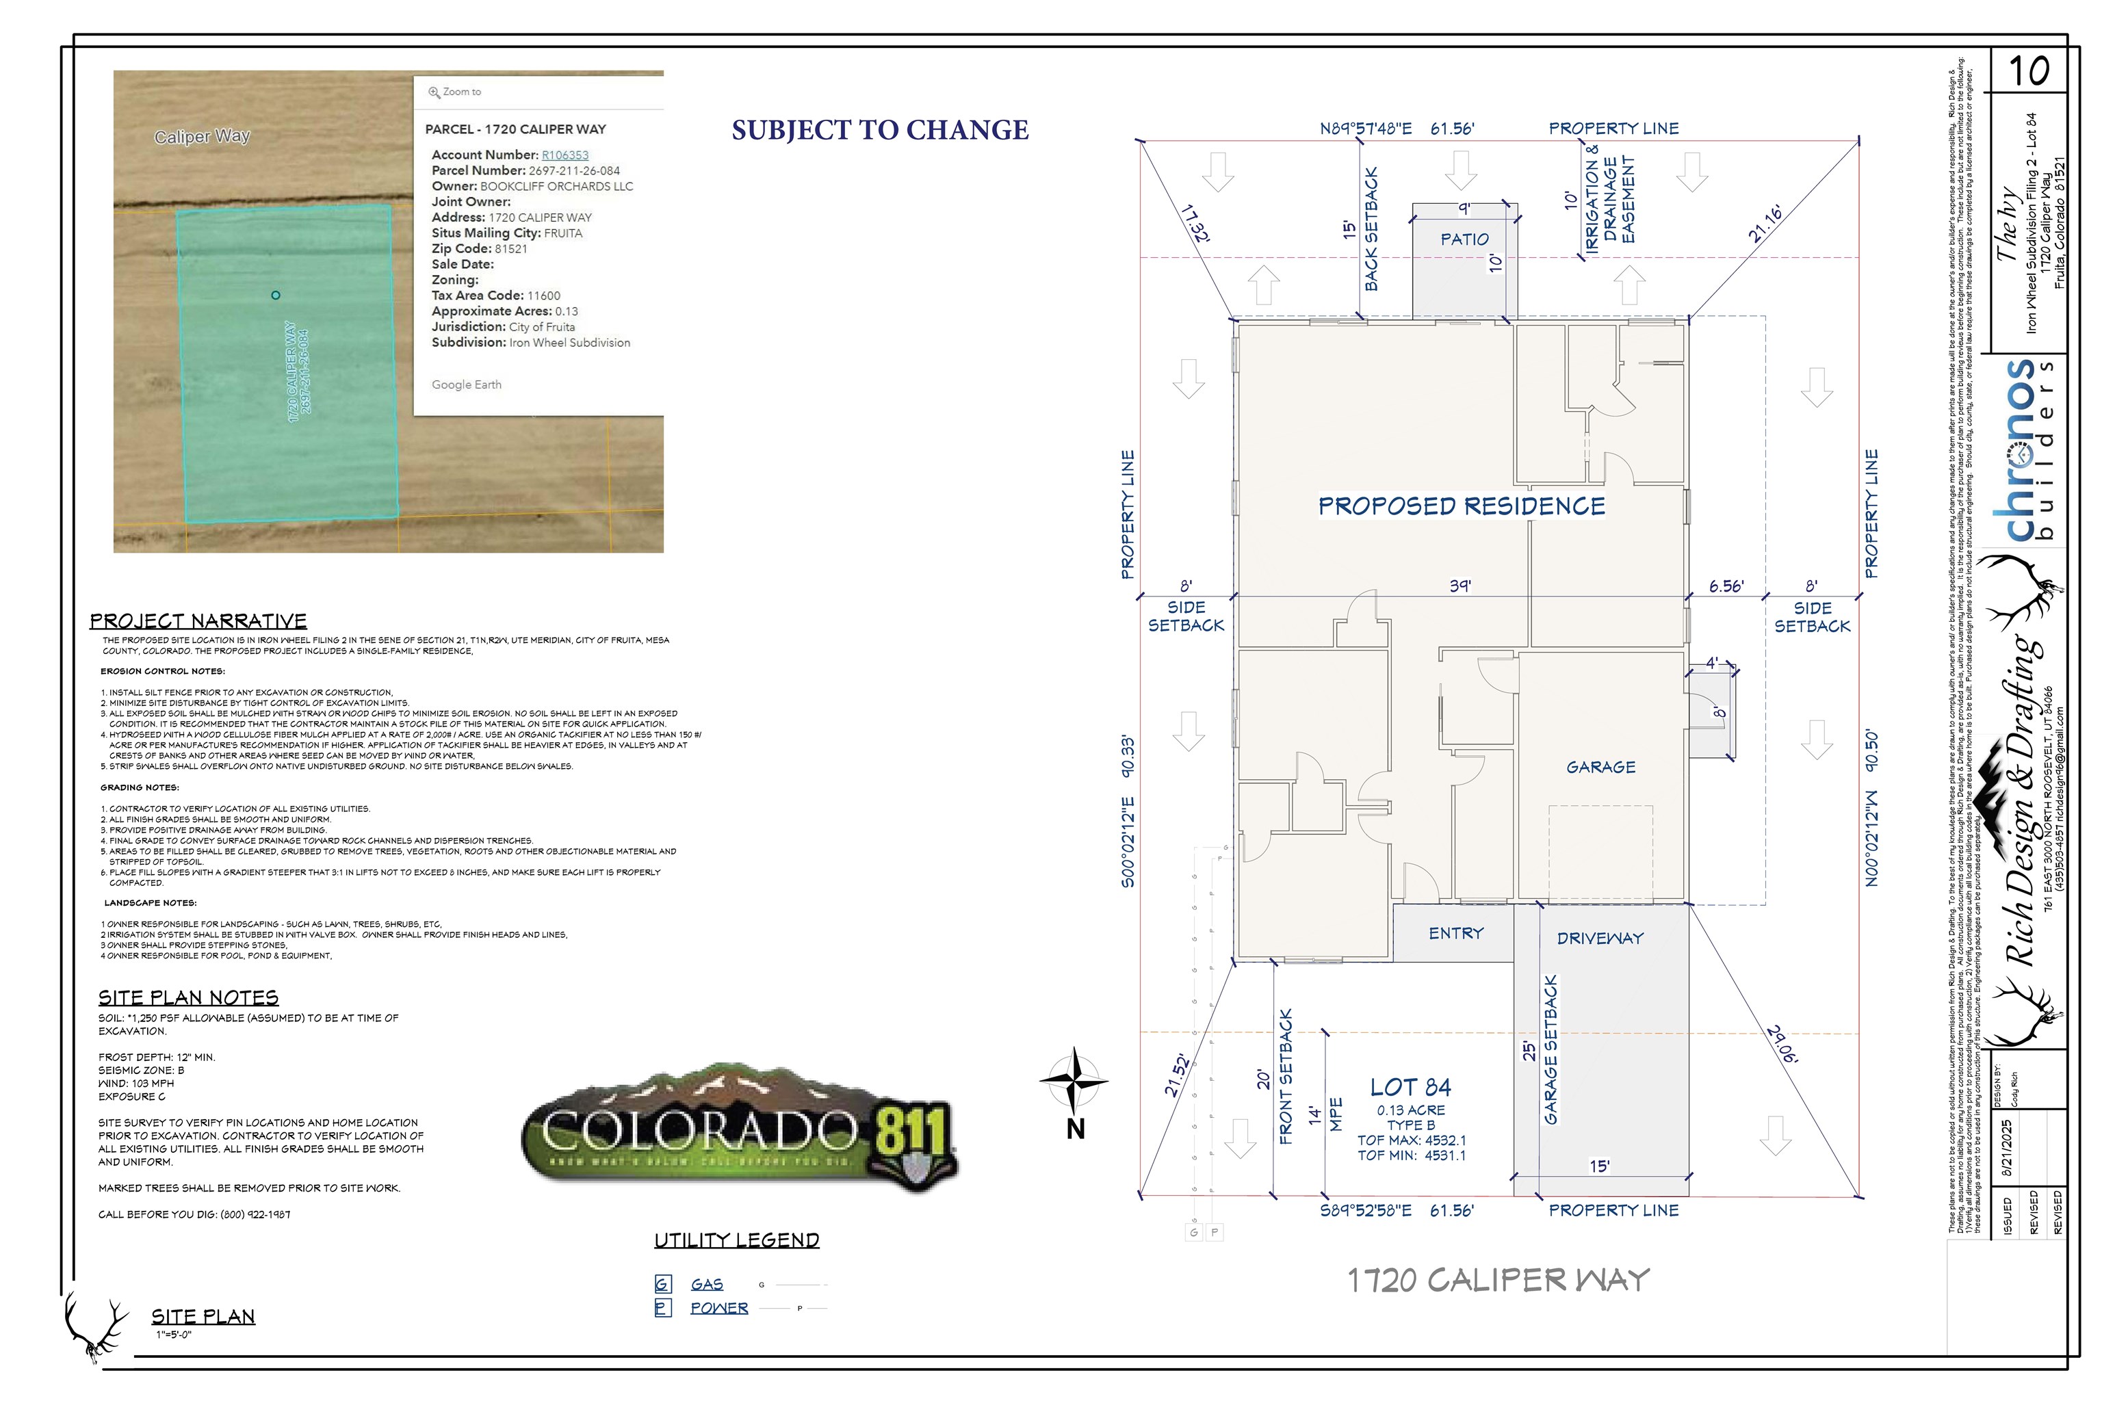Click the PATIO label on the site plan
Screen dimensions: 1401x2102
click(x=1464, y=239)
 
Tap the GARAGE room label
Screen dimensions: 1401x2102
click(x=1600, y=768)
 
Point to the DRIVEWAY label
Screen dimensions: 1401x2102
click(x=1600, y=938)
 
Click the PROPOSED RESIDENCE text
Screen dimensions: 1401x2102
click(x=1462, y=507)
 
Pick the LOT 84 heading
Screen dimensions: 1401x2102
click(x=1410, y=1088)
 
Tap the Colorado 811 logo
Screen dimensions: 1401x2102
click(x=738, y=1127)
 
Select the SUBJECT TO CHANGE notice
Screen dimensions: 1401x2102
click(x=879, y=131)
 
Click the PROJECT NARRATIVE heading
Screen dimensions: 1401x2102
click(x=198, y=621)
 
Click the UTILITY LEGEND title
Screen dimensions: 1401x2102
click(x=736, y=1240)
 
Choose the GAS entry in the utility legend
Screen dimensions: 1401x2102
click(x=706, y=1285)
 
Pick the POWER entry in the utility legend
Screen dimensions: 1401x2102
click(x=718, y=1308)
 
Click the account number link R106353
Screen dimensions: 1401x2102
click(x=565, y=155)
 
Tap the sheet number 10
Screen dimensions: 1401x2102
click(x=2029, y=71)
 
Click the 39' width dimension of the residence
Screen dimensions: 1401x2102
click(x=1460, y=586)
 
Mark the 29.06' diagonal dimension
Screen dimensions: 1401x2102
click(x=1782, y=1044)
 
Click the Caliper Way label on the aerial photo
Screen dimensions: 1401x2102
click(x=202, y=137)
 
